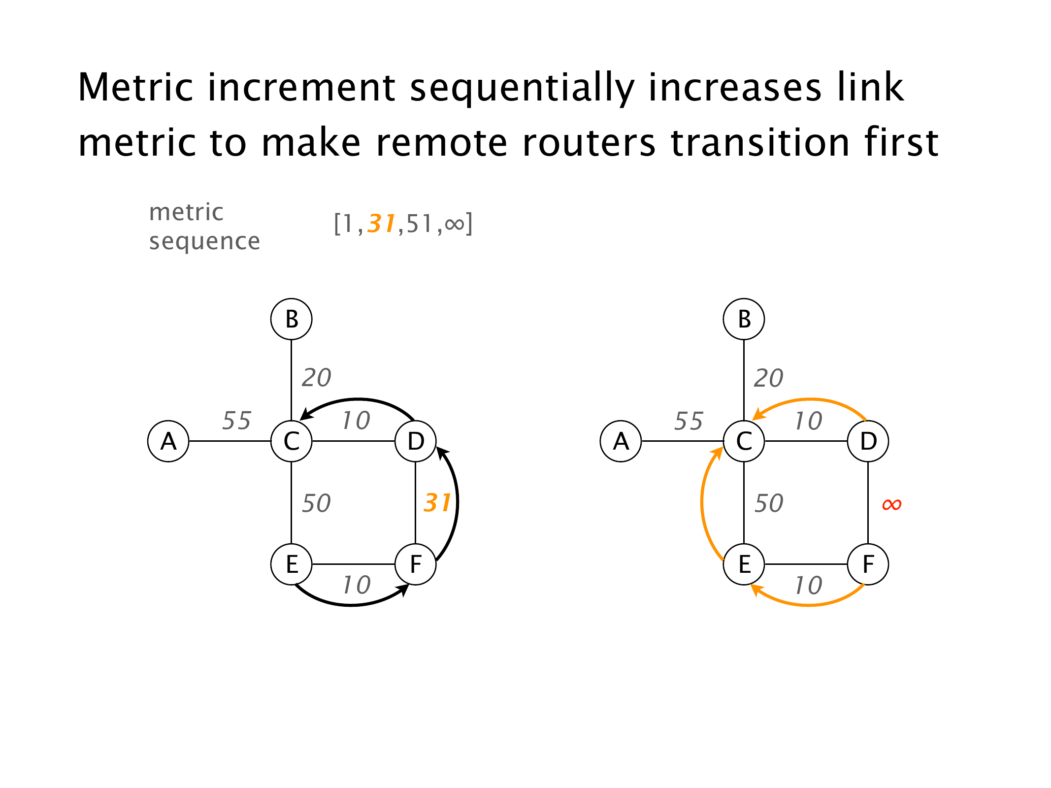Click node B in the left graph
[291, 319]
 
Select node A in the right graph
[621, 441]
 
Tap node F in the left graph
[416, 564]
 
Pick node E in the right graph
[744, 564]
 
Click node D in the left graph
[416, 441]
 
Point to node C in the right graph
[744, 441]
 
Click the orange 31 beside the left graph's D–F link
[437, 503]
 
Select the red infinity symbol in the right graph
[891, 504]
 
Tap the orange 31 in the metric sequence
[382, 224]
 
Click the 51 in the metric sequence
[420, 224]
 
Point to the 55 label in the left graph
[236, 421]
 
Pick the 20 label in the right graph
[768, 378]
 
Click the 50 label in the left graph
[316, 503]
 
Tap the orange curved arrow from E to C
[702, 502]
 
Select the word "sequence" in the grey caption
[204, 241]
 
